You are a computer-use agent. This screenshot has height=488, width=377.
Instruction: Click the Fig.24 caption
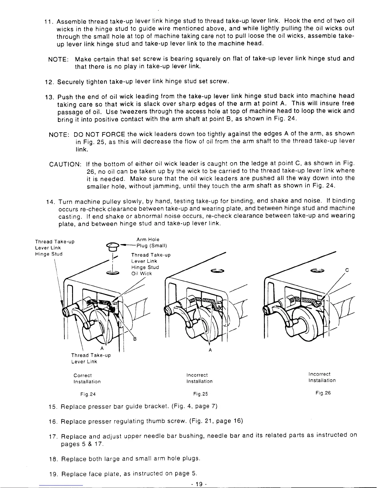(x=86, y=394)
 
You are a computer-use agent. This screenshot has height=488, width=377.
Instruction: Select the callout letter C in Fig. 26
(x=347, y=270)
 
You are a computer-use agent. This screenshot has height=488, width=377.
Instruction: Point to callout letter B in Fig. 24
(x=134, y=340)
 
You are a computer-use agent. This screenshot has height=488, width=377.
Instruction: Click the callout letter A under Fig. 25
(x=210, y=350)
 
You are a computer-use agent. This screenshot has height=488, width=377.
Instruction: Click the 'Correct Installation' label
(x=87, y=378)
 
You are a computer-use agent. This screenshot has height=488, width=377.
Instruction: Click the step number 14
(x=50, y=202)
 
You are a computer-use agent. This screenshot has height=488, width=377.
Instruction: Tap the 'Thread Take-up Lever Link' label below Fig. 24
(x=91, y=358)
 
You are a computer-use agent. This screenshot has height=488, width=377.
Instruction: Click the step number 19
(x=54, y=474)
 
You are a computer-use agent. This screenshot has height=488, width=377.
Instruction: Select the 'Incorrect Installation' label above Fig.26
(x=322, y=377)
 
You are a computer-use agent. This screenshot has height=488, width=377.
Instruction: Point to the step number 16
(x=54, y=421)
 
